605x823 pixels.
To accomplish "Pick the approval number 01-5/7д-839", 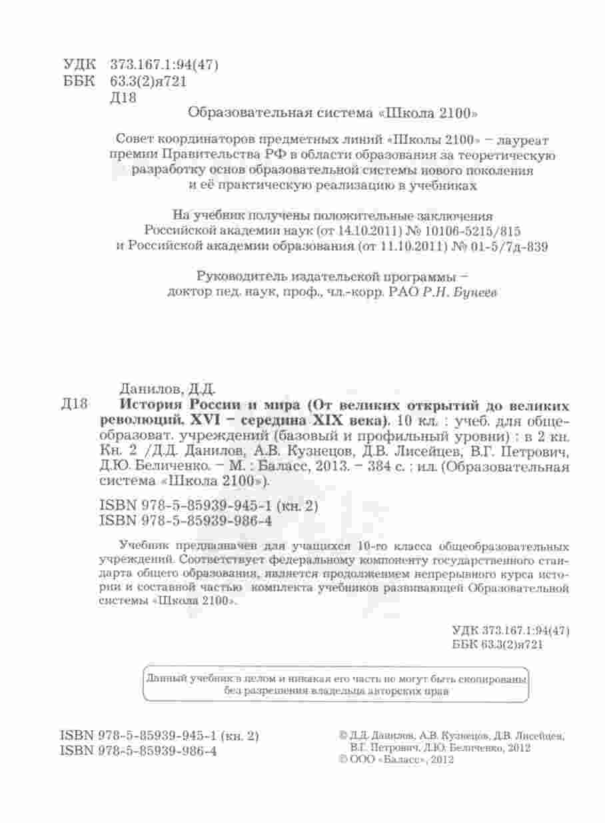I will (x=509, y=246).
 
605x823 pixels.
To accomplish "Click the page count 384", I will (x=378, y=466).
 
